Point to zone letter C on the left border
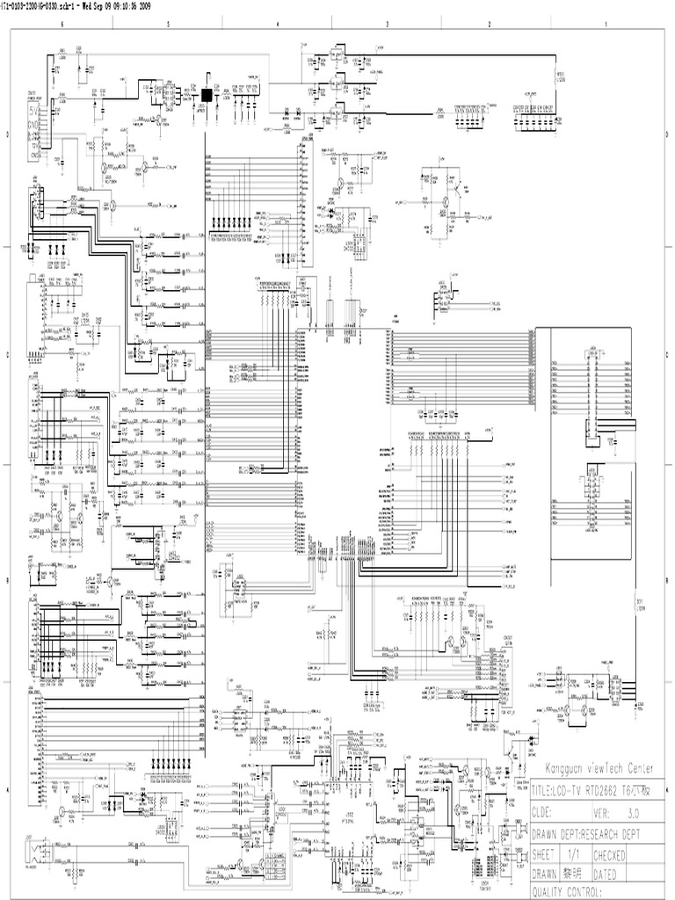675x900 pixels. [x=7, y=355]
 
